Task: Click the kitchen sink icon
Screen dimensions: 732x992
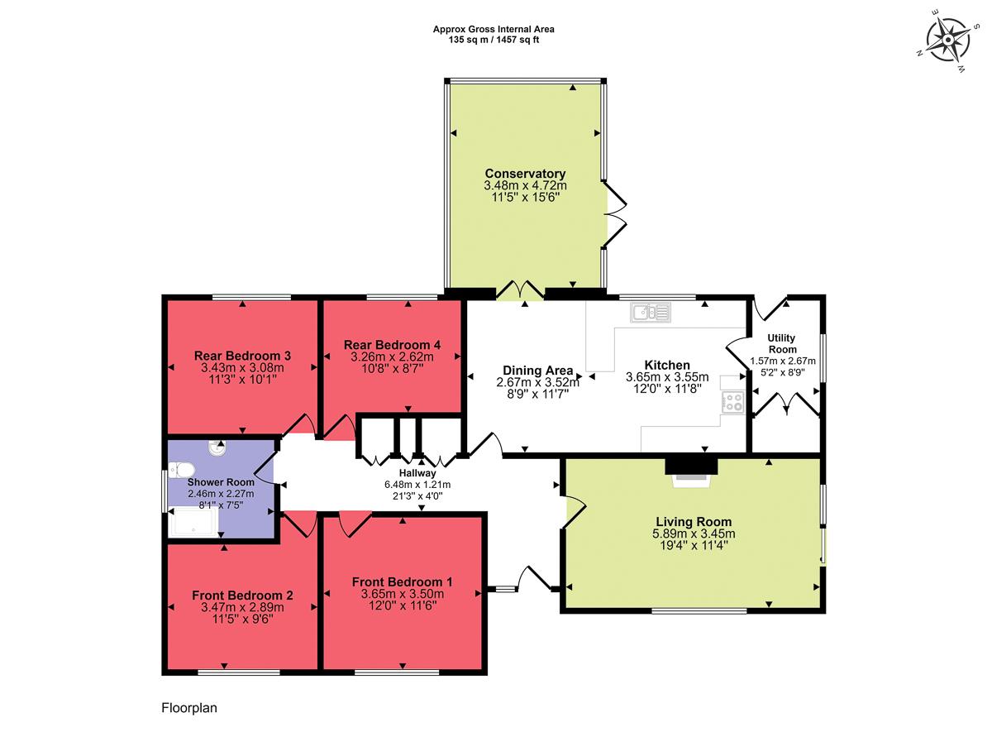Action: tap(651, 312)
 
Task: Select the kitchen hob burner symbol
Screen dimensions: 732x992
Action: tap(732, 403)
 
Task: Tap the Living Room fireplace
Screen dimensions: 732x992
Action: tap(692, 469)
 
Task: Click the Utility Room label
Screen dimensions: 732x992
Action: tap(781, 343)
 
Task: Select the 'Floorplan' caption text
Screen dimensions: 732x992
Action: tap(188, 708)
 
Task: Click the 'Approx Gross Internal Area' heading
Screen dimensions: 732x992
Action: tap(494, 29)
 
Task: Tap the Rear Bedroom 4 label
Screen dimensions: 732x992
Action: tap(392, 345)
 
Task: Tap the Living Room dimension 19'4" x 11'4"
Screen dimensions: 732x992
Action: tap(693, 545)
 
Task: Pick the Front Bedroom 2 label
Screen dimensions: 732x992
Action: tap(242, 596)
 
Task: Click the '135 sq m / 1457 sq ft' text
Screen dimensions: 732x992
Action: tap(494, 39)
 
